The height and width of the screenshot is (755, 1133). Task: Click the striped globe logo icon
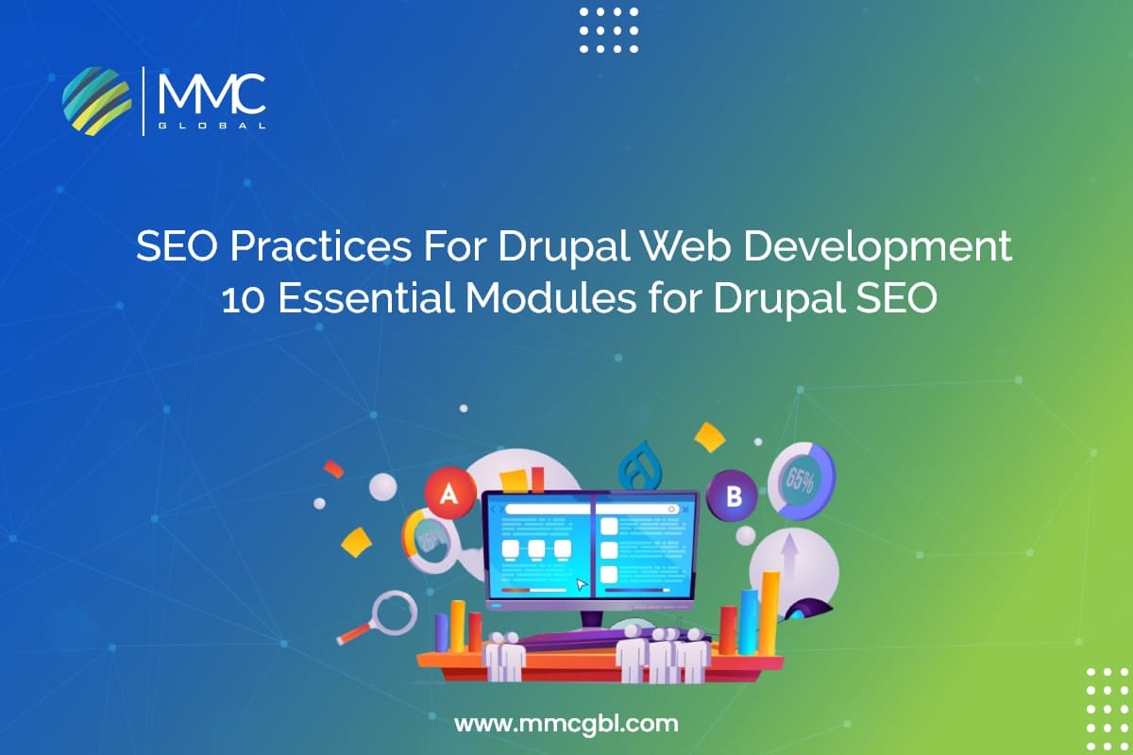click(x=97, y=100)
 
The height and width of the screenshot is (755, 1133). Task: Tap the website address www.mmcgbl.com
click(x=566, y=724)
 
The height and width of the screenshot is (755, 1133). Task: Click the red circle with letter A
click(x=449, y=492)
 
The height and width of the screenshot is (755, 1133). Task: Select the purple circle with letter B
click(x=734, y=495)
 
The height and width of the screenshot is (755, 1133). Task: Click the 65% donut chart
click(x=801, y=479)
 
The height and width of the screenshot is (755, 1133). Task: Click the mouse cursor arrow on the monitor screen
click(x=582, y=585)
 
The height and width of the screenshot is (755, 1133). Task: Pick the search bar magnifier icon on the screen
click(x=672, y=508)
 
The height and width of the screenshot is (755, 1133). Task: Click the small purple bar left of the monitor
click(x=441, y=632)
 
